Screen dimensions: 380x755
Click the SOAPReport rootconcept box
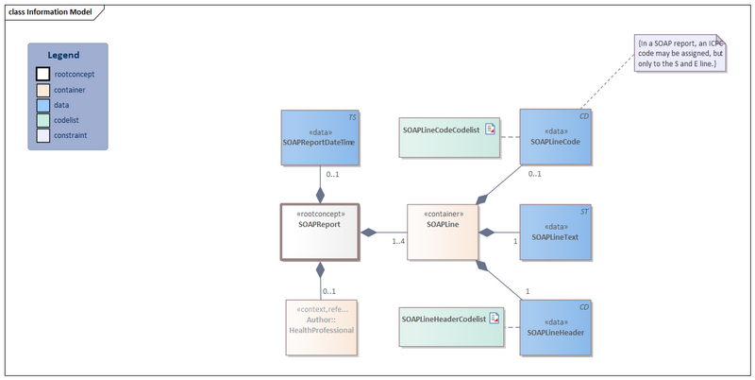320,232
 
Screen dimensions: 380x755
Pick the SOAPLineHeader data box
556,327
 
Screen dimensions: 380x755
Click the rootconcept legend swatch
42,74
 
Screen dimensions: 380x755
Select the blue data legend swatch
42,105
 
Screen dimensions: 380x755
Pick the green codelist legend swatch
42,120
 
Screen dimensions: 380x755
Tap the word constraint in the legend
71,136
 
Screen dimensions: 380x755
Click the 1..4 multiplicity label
398,242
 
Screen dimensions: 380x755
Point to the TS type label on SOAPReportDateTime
352,116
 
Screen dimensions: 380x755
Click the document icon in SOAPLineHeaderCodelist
495,320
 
